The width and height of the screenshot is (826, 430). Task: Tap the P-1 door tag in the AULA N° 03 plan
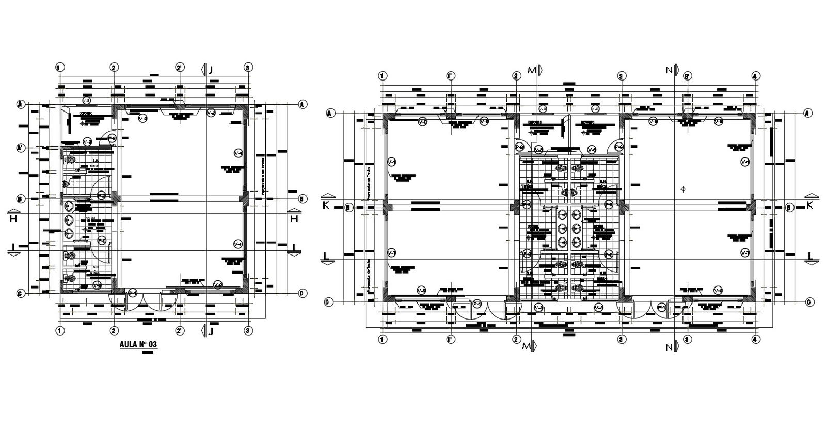coord(132,293)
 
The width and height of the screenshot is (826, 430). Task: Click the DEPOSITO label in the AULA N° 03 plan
coord(86,113)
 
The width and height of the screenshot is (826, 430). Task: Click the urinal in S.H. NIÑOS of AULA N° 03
coord(66,183)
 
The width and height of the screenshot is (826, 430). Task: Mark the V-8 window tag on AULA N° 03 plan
coord(87,100)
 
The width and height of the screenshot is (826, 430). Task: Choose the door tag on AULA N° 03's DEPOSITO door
coord(112,138)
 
